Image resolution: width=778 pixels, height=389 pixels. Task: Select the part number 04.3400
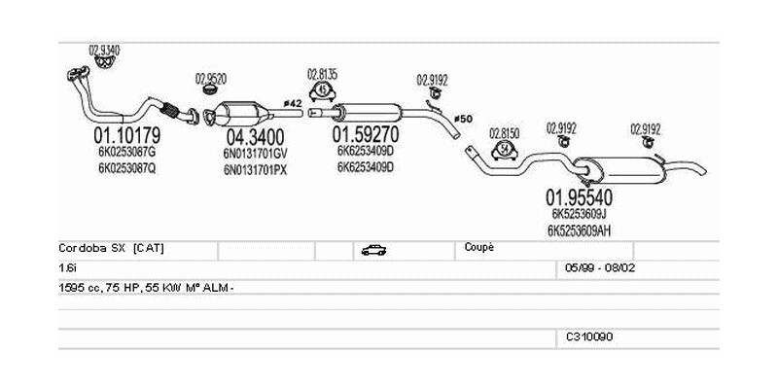(256, 136)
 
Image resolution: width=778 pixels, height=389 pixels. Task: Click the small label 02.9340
(104, 50)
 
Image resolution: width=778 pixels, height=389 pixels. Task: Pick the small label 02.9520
(211, 78)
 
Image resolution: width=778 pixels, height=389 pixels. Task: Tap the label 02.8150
(504, 132)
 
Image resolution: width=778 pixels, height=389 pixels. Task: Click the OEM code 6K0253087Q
(126, 167)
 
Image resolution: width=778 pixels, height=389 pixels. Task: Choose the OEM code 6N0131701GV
(256, 154)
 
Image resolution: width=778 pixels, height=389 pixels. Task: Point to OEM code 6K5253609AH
(579, 230)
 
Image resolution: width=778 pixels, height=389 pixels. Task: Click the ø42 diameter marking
(292, 103)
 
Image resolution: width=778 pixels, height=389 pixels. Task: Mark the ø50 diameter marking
(463, 119)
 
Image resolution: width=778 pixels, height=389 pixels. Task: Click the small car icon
(372, 250)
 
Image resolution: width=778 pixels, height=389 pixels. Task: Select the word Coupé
(479, 247)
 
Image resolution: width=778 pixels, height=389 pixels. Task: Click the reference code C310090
(589, 336)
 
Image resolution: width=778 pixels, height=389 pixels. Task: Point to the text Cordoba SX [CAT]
(112, 248)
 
